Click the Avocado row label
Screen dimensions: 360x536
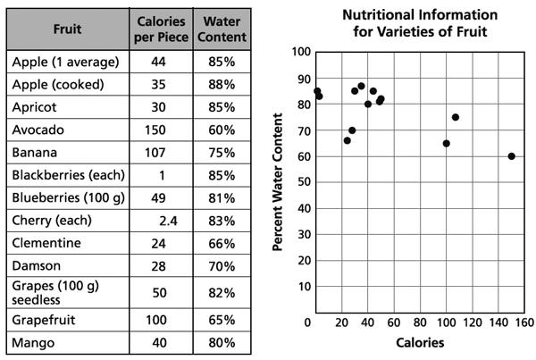[38, 130]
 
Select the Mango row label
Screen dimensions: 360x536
[36, 342]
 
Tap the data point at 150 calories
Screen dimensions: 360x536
[512, 156]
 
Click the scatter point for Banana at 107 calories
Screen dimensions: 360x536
[456, 117]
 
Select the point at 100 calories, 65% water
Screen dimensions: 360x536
[446, 143]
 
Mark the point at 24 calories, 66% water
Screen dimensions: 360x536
[348, 140]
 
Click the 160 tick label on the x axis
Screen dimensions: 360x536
[524, 322]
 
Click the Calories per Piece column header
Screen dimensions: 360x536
[161, 28]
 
